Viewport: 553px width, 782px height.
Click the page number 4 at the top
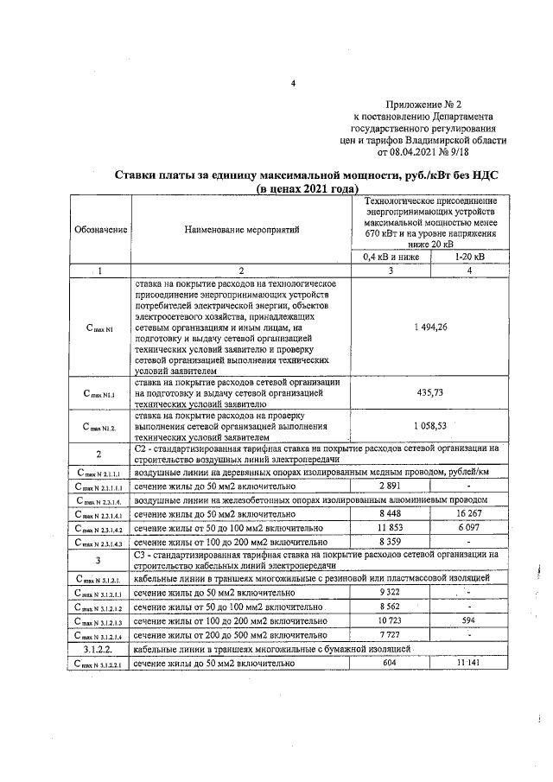pyautogui.click(x=293, y=84)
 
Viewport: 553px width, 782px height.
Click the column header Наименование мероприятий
pyautogui.click(x=241, y=231)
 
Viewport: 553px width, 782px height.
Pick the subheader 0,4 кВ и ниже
pyautogui.click(x=390, y=257)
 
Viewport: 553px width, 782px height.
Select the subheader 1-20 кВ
pyautogui.click(x=469, y=257)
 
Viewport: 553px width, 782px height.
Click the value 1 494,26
pyautogui.click(x=429, y=327)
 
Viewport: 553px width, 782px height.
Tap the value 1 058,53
pyautogui.click(x=429, y=425)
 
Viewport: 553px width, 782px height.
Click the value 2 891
pyautogui.click(x=391, y=487)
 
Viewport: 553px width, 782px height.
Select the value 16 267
pyautogui.click(x=469, y=514)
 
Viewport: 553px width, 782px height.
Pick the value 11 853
pyautogui.click(x=391, y=527)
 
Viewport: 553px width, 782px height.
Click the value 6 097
pyautogui.click(x=469, y=527)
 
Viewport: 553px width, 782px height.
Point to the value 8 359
pyautogui.click(x=391, y=541)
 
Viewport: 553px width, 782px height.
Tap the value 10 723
pyautogui.click(x=391, y=620)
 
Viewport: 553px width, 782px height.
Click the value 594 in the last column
pyautogui.click(x=469, y=620)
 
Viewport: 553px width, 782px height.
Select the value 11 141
pyautogui.click(x=469, y=662)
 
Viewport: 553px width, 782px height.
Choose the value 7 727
pyautogui.click(x=391, y=634)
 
